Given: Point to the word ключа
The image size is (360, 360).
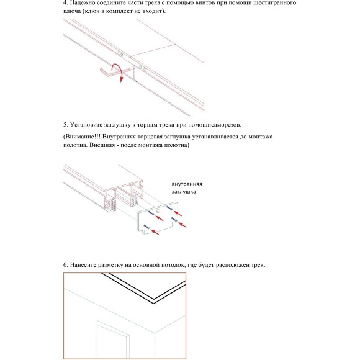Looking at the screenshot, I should (x=73, y=12).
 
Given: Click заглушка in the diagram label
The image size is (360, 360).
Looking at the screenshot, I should (x=184, y=192).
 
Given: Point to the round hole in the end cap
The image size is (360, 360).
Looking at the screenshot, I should (x=158, y=212).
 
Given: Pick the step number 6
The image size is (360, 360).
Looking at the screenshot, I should (x=65, y=265).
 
